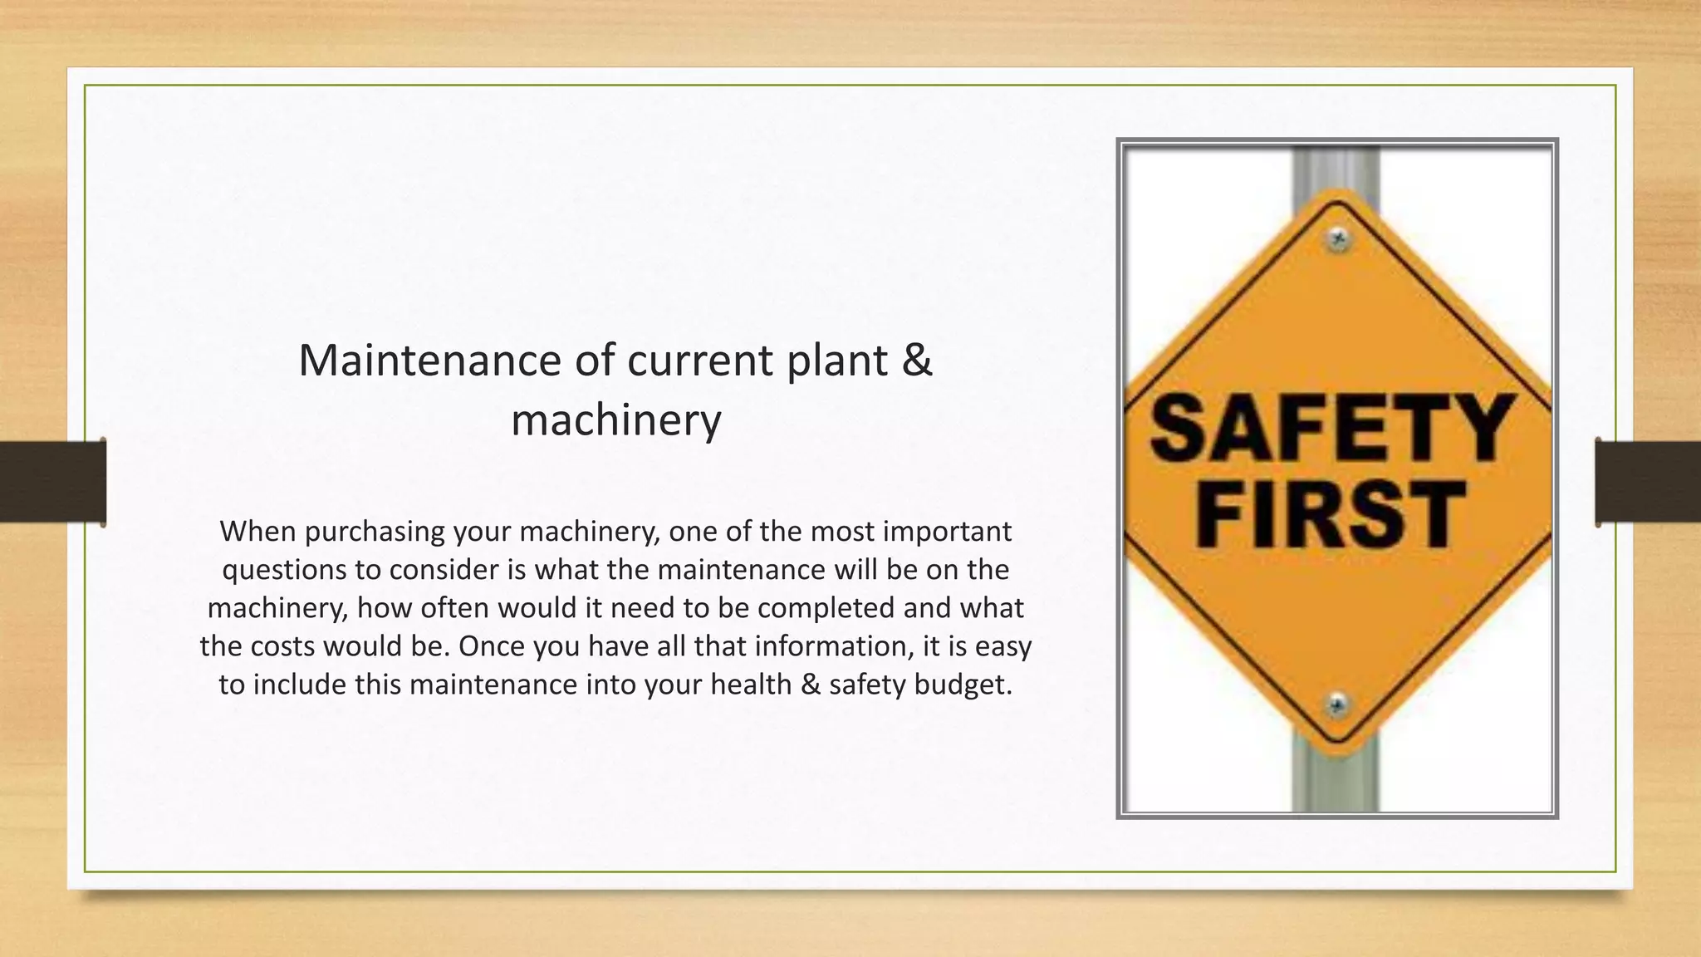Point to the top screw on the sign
[1338, 239]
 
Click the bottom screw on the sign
[1337, 705]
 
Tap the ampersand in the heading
[916, 361]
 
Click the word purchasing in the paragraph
[365, 532]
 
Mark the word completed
[826, 608]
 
